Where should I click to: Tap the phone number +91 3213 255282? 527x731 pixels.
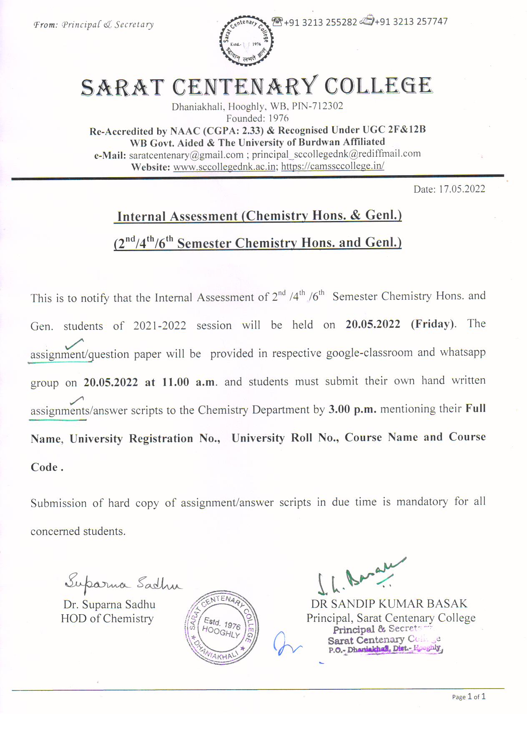coord(320,22)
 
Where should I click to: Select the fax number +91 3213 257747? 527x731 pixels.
coord(411,21)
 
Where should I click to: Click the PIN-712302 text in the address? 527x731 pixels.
coord(317,106)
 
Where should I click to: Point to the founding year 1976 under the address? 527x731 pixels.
coord(278,118)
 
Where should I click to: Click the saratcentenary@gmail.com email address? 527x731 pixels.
coord(186,155)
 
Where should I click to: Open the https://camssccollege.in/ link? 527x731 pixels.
coord(333,166)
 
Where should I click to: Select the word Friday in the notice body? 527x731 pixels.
coord(433,324)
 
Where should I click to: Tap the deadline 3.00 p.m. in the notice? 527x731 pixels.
coord(352,409)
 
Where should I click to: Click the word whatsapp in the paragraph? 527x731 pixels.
coord(463,352)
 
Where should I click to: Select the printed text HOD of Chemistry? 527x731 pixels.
coord(107,618)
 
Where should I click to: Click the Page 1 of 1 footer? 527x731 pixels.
coord(469,697)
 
